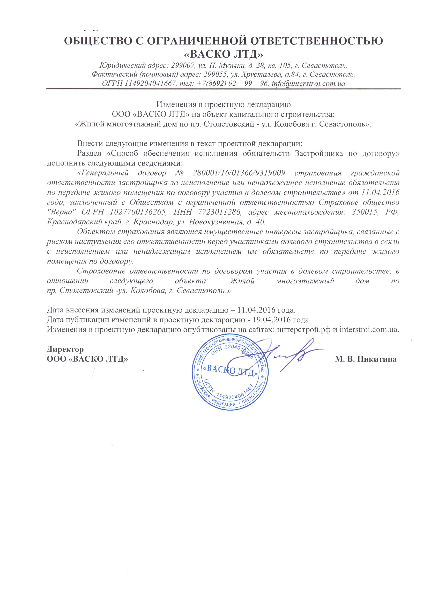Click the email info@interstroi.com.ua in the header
point(308,84)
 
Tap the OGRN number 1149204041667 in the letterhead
point(149,84)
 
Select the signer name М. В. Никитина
point(366,359)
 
